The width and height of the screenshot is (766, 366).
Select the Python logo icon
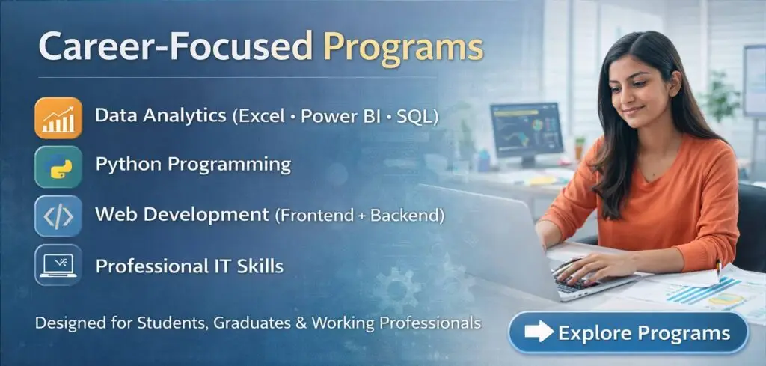[x=58, y=166]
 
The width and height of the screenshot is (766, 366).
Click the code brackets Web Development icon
[x=58, y=216]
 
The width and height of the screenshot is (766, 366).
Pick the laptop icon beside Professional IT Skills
[x=58, y=265]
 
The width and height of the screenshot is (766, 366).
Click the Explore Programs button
[x=628, y=332]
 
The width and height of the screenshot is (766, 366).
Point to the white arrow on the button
[x=539, y=333]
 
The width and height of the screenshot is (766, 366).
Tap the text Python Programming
[x=193, y=165]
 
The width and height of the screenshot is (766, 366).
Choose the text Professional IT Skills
[x=189, y=265]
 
